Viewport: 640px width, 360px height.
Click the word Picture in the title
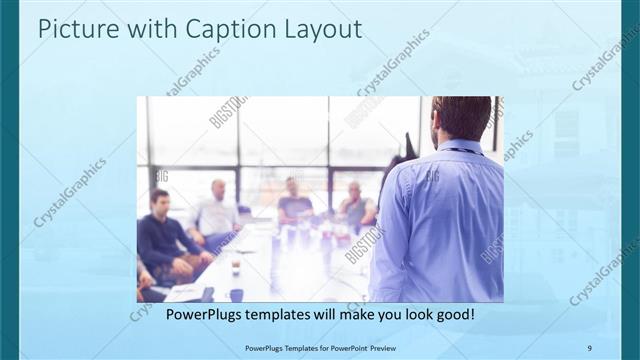click(73, 30)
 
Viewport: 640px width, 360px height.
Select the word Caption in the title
click(199, 30)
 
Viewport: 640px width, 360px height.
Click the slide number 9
click(588, 347)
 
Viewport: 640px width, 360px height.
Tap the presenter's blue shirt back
click(440, 220)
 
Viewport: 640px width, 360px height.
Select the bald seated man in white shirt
click(217, 210)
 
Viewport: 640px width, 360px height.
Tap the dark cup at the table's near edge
click(236, 294)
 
